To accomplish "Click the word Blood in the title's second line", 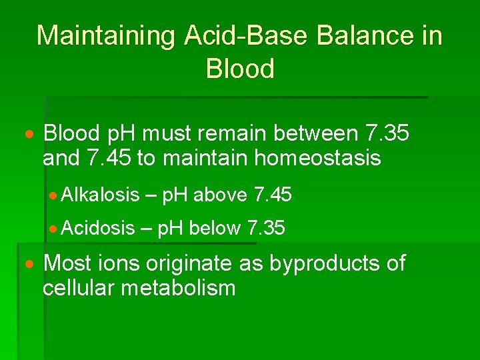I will point(240,69).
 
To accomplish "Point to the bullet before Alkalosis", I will point(55,195).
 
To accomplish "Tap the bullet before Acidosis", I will point(55,229).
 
